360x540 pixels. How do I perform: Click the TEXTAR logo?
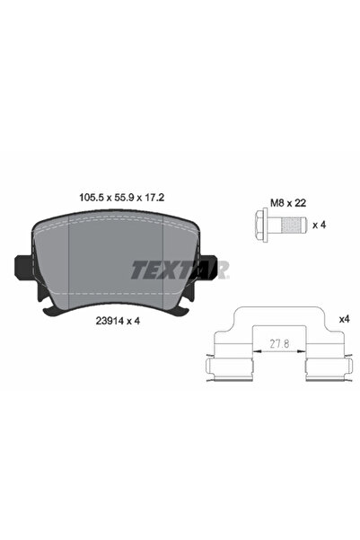182,268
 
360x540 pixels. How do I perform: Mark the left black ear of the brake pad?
24,267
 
